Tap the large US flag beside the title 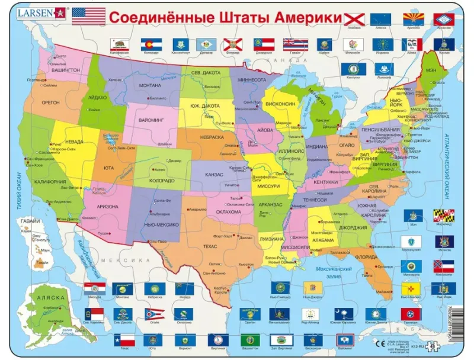88,15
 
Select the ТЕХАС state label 209,245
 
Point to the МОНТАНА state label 150,85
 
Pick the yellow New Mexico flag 411,288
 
